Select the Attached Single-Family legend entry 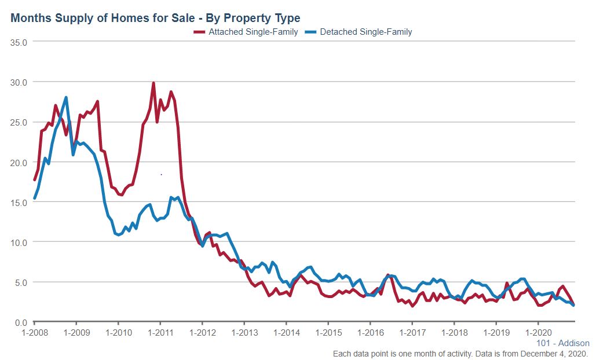(246, 32)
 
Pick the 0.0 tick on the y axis (22, 322)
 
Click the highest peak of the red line (153, 83)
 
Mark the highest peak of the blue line (66, 97)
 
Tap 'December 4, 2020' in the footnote (556, 353)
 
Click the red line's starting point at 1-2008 (35, 180)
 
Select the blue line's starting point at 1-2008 (35, 199)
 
